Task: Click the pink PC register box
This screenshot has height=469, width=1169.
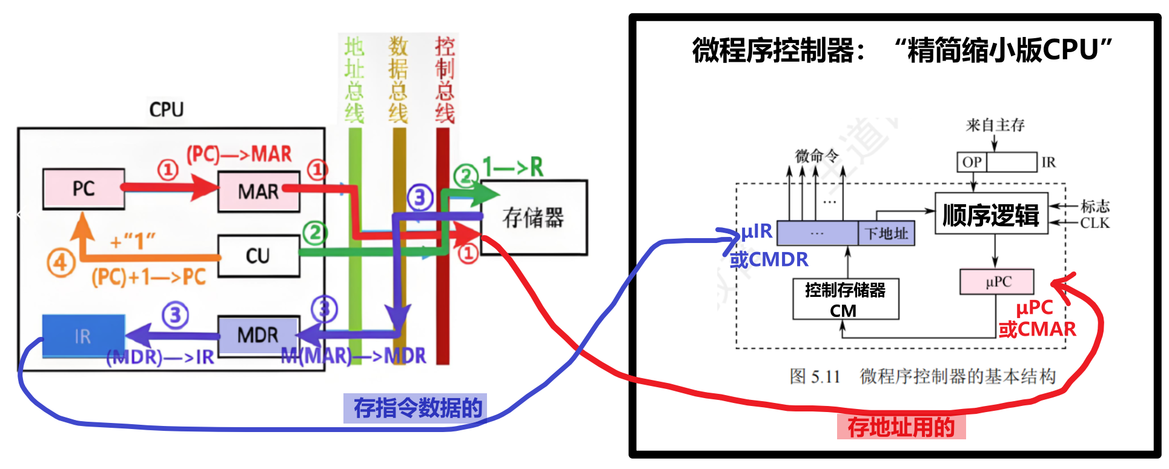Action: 84,188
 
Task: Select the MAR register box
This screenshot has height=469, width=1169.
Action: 259,191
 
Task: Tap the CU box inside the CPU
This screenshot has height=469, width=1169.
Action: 258,256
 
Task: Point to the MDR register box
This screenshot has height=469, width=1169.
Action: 258,334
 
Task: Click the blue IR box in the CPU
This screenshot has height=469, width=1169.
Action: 83,336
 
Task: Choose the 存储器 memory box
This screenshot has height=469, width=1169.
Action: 533,217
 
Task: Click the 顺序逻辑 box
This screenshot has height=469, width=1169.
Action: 991,215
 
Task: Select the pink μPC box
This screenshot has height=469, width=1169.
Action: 997,282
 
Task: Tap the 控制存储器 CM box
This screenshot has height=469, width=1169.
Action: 846,299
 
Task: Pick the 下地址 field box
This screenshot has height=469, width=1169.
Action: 886,233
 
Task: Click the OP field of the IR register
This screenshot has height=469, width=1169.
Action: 972,162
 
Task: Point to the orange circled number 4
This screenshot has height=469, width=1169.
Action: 61,264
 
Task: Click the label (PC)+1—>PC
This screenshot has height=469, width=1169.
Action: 148,277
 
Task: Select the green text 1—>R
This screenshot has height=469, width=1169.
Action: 512,167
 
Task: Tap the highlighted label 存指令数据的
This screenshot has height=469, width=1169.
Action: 417,408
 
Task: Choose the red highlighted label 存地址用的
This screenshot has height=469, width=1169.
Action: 901,427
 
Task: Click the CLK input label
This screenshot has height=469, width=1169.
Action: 1094,223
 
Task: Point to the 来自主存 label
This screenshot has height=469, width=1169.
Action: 995,125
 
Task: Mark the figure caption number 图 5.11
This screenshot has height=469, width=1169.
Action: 815,376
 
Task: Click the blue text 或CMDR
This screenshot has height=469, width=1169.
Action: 769,259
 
